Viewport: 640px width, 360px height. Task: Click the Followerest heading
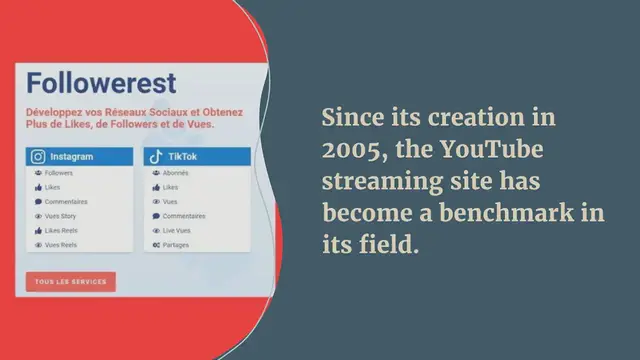pos(101,82)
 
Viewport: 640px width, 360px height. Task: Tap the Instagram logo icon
pos(38,157)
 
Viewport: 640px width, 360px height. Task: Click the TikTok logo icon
pos(155,157)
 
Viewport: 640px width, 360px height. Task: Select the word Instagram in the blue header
pos(72,157)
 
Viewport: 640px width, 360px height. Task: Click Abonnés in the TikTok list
pos(177,173)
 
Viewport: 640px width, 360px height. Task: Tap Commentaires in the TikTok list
pos(184,216)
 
